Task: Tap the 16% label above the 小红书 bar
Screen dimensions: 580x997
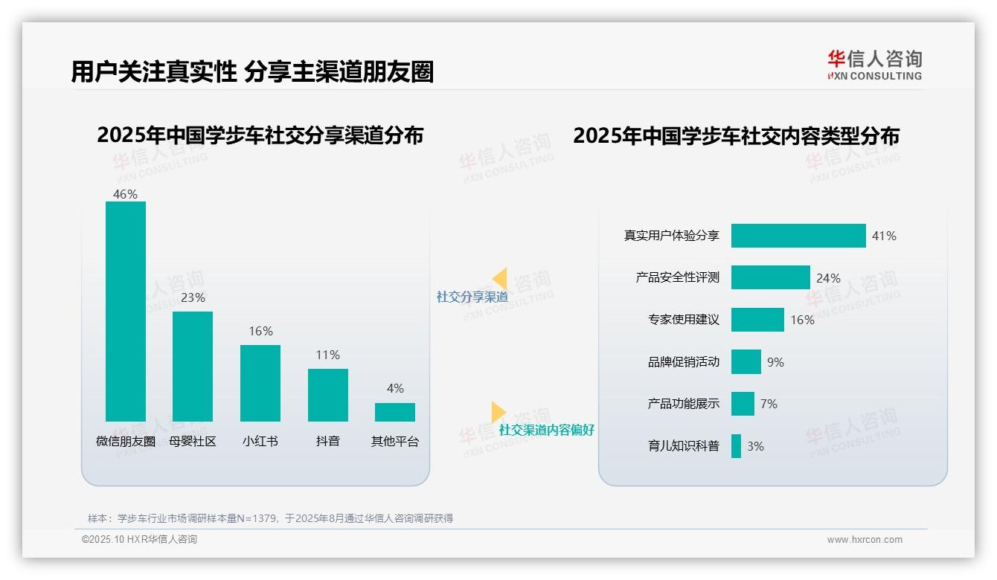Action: pyautogui.click(x=260, y=332)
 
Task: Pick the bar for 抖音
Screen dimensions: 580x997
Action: pyautogui.click(x=327, y=395)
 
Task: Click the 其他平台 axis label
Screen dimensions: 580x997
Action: pyautogui.click(x=395, y=442)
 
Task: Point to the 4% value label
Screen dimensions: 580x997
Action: pyautogui.click(x=395, y=389)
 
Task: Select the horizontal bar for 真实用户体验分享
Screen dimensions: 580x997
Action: pyautogui.click(x=798, y=236)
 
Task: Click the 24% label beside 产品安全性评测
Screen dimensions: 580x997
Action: pyautogui.click(x=828, y=278)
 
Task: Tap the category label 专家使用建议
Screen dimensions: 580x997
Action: pyautogui.click(x=683, y=320)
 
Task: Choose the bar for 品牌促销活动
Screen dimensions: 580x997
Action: pyautogui.click(x=746, y=362)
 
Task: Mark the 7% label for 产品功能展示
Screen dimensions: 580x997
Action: pyautogui.click(x=769, y=404)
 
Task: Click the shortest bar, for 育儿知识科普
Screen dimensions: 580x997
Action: pyautogui.click(x=736, y=446)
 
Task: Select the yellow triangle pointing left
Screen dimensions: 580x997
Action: pyautogui.click(x=499, y=279)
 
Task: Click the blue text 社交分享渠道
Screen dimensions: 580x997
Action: pyautogui.click(x=472, y=297)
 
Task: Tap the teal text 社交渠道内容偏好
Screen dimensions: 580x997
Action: pyautogui.click(x=546, y=430)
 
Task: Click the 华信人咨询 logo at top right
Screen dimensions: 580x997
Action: pyautogui.click(x=874, y=65)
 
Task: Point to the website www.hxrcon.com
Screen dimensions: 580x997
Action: pyautogui.click(x=864, y=540)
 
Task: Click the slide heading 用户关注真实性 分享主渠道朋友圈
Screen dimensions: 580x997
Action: pyautogui.click(x=252, y=72)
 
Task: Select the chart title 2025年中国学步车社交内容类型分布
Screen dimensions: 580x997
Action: pyautogui.click(x=736, y=136)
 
